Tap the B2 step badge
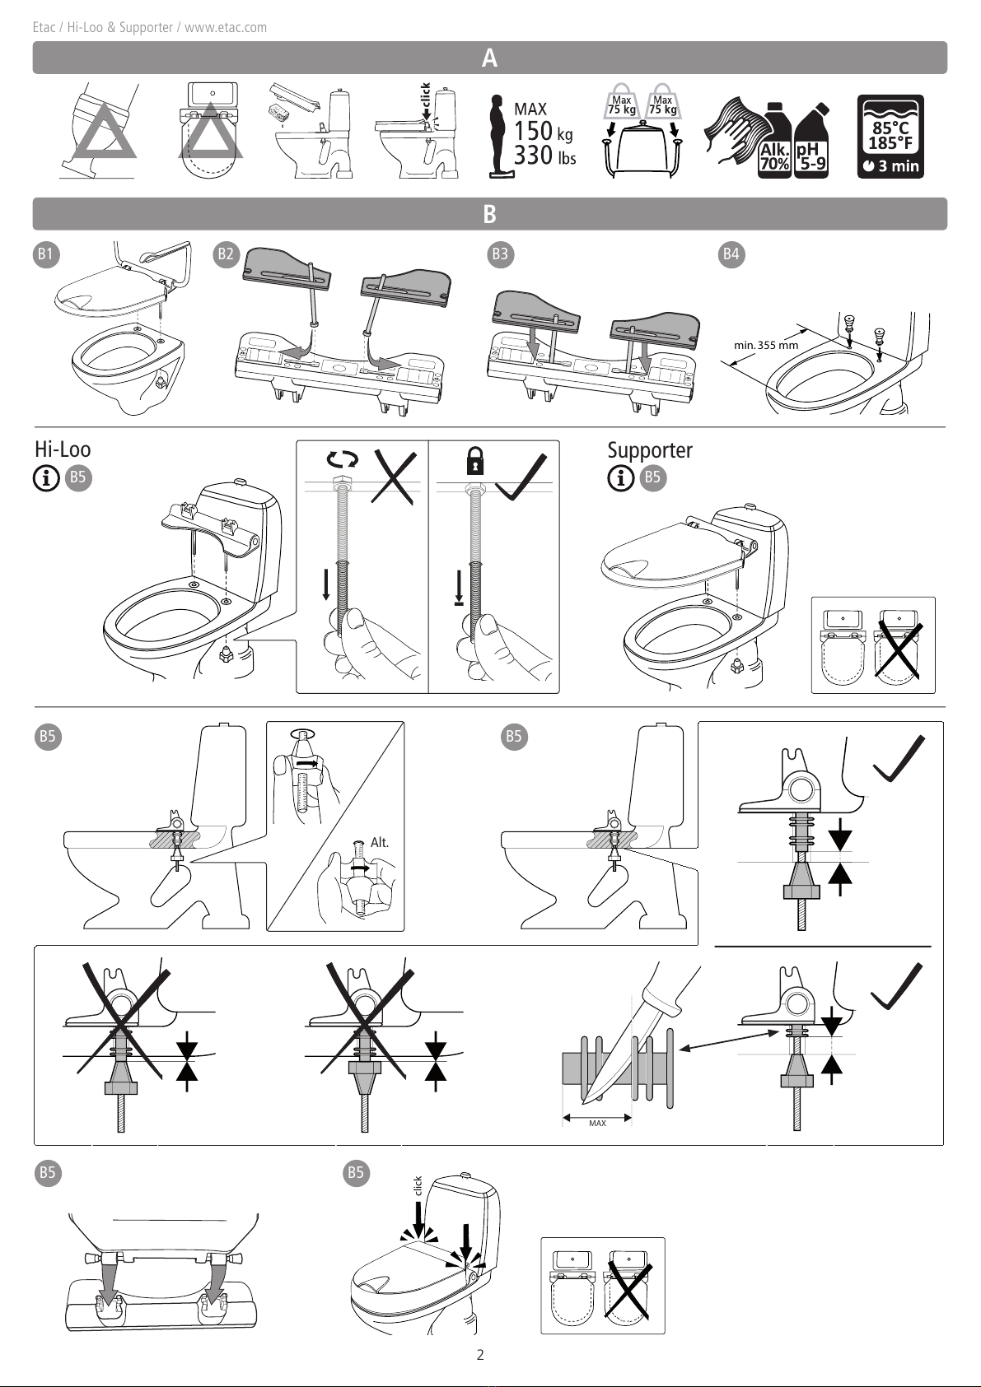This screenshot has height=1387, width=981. (x=226, y=254)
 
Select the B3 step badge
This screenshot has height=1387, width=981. (x=500, y=254)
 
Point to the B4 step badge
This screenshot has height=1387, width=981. (x=731, y=254)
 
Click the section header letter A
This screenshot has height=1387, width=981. (x=489, y=58)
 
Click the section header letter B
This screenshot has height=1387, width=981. (x=489, y=214)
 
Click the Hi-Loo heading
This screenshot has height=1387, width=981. (x=63, y=449)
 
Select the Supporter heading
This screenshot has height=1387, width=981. (x=650, y=450)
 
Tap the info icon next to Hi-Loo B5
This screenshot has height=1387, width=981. (x=47, y=477)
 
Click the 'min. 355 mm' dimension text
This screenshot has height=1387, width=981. (x=766, y=345)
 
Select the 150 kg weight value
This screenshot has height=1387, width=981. (x=543, y=132)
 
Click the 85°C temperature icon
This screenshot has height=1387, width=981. (x=890, y=137)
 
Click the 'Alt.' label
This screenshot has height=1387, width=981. (x=379, y=842)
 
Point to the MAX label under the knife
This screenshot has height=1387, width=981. (x=597, y=1123)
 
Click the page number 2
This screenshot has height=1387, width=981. (x=480, y=1354)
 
